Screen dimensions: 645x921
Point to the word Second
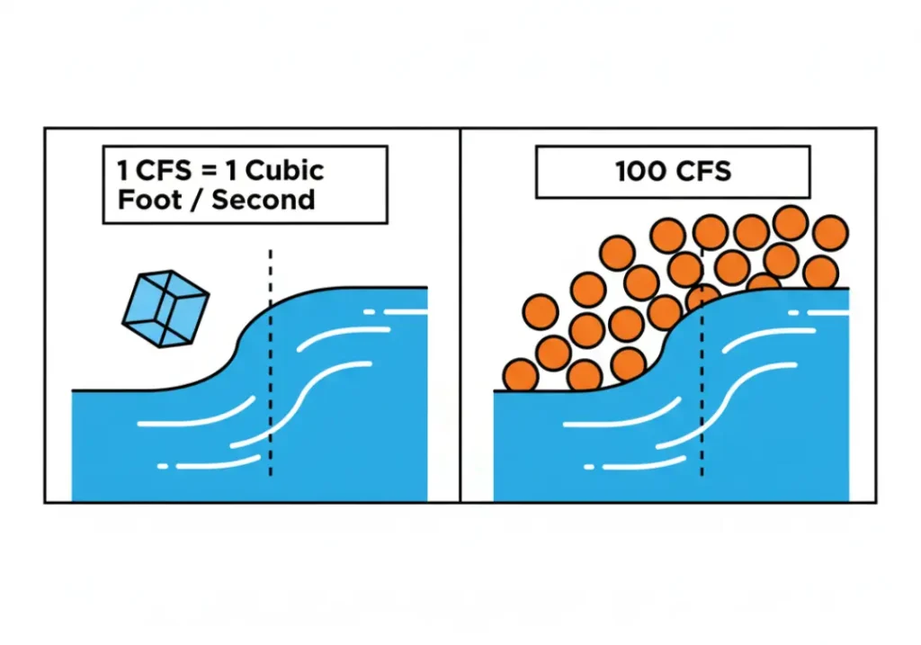(x=264, y=199)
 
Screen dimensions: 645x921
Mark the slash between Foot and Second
(x=199, y=199)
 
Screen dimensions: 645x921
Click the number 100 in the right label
(x=639, y=172)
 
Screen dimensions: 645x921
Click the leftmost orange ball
(x=521, y=375)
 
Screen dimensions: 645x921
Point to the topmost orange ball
(x=791, y=222)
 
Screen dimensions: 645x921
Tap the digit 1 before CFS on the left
(x=123, y=170)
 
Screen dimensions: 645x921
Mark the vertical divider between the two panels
(x=460, y=315)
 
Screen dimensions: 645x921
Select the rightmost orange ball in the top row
(x=829, y=233)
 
